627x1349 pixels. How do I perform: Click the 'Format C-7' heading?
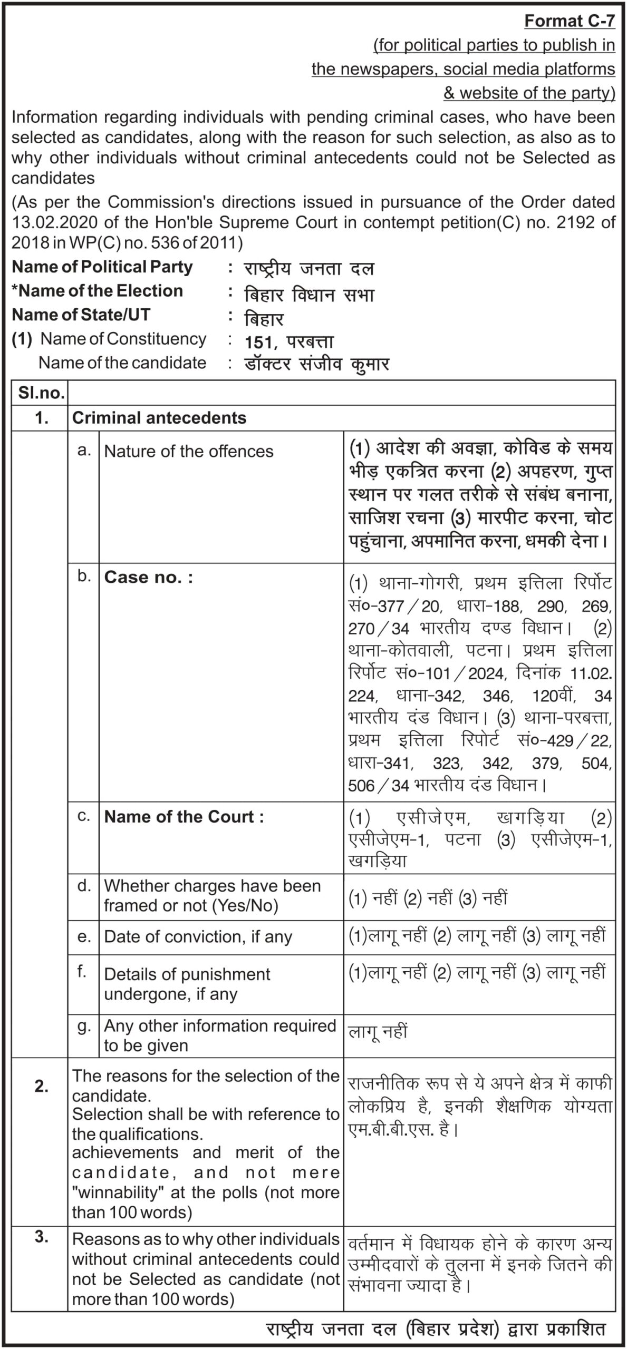(570, 21)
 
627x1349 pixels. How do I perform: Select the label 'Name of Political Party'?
(102, 267)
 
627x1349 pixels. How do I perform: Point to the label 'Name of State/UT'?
(81, 315)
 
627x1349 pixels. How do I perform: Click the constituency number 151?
(258, 343)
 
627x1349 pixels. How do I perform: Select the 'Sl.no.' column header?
(41, 393)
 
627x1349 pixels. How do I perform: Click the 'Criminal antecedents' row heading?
(159, 418)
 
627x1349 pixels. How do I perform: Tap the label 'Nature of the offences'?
(189, 451)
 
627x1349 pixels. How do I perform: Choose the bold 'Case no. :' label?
(149, 577)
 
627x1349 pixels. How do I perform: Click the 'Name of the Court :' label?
(184, 817)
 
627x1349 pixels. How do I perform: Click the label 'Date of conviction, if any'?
(198, 936)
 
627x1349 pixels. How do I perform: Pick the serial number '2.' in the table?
(41, 1086)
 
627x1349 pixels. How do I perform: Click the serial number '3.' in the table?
(41, 1238)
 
